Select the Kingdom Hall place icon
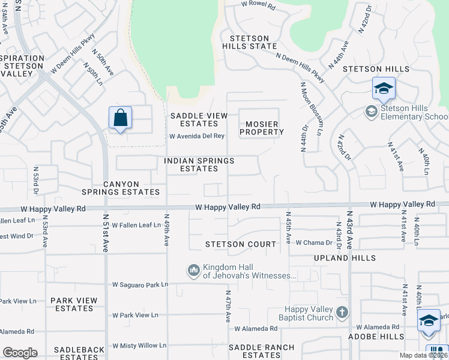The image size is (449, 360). (193, 271)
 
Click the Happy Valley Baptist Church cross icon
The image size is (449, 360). (342, 312)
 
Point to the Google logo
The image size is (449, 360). (20, 353)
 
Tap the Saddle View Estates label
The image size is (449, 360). (199, 119)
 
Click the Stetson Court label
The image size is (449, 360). (241, 244)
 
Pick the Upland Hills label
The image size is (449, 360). (344, 258)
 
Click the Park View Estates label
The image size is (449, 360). (73, 304)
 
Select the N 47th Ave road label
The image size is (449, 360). (228, 307)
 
